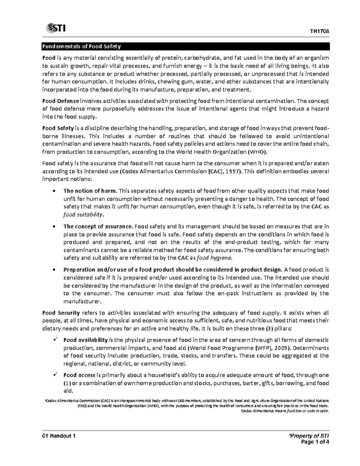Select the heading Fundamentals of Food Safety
pyautogui.click(x=81, y=47)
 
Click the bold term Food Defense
pyautogui.click(x=61, y=101)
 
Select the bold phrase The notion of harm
pyautogui.click(x=91, y=191)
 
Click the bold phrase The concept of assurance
pyautogui.click(x=98, y=226)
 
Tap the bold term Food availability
pyautogui.click(x=85, y=340)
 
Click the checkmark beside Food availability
pyautogui.click(x=55, y=340)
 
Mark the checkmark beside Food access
pyautogui.click(x=55, y=375)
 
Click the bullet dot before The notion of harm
pyautogui.click(x=54, y=191)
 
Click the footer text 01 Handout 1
pyautogui.click(x=59, y=436)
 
